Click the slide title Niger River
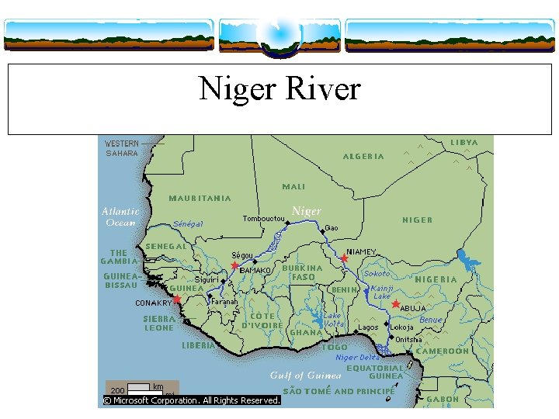point(279,88)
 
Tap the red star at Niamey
point(344,258)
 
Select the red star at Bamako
point(234,266)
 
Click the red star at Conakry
point(176,300)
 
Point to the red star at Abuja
point(395,304)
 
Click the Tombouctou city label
point(263,218)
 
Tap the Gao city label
point(331,228)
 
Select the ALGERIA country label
point(363,156)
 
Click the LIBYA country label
point(464,143)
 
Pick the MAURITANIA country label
point(200,198)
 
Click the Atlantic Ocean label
point(120,216)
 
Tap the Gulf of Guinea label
point(305,376)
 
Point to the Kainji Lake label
point(382,291)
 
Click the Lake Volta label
point(332,320)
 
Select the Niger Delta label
point(358,358)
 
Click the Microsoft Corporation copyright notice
point(192,400)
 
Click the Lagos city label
point(368,327)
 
